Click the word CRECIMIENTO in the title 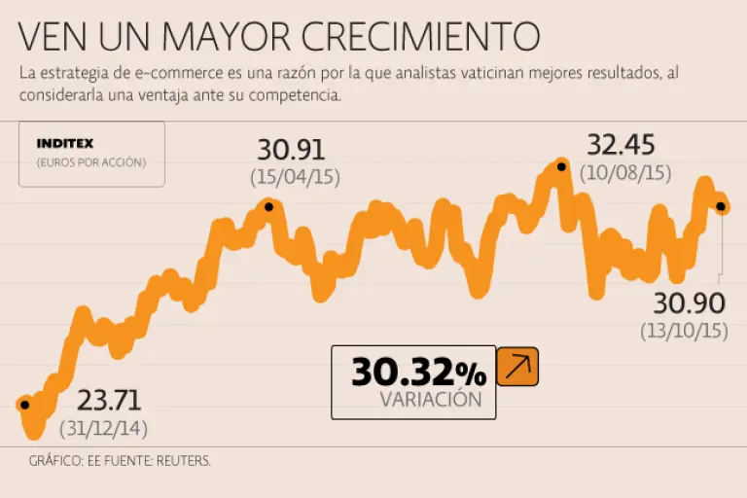click(420, 35)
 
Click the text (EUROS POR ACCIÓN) click(90, 162)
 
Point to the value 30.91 click(291, 150)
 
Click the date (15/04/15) click(295, 178)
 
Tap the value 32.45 click(621, 145)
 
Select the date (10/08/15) click(625, 173)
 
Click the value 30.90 click(689, 302)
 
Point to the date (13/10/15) click(685, 331)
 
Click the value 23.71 click(109, 400)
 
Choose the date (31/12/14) click(104, 428)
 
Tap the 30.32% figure click(418, 372)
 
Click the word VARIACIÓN click(430, 399)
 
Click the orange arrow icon click(517, 367)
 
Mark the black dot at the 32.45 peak click(560, 167)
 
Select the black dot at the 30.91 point click(269, 206)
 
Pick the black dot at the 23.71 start click(25, 405)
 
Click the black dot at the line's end click(721, 205)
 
